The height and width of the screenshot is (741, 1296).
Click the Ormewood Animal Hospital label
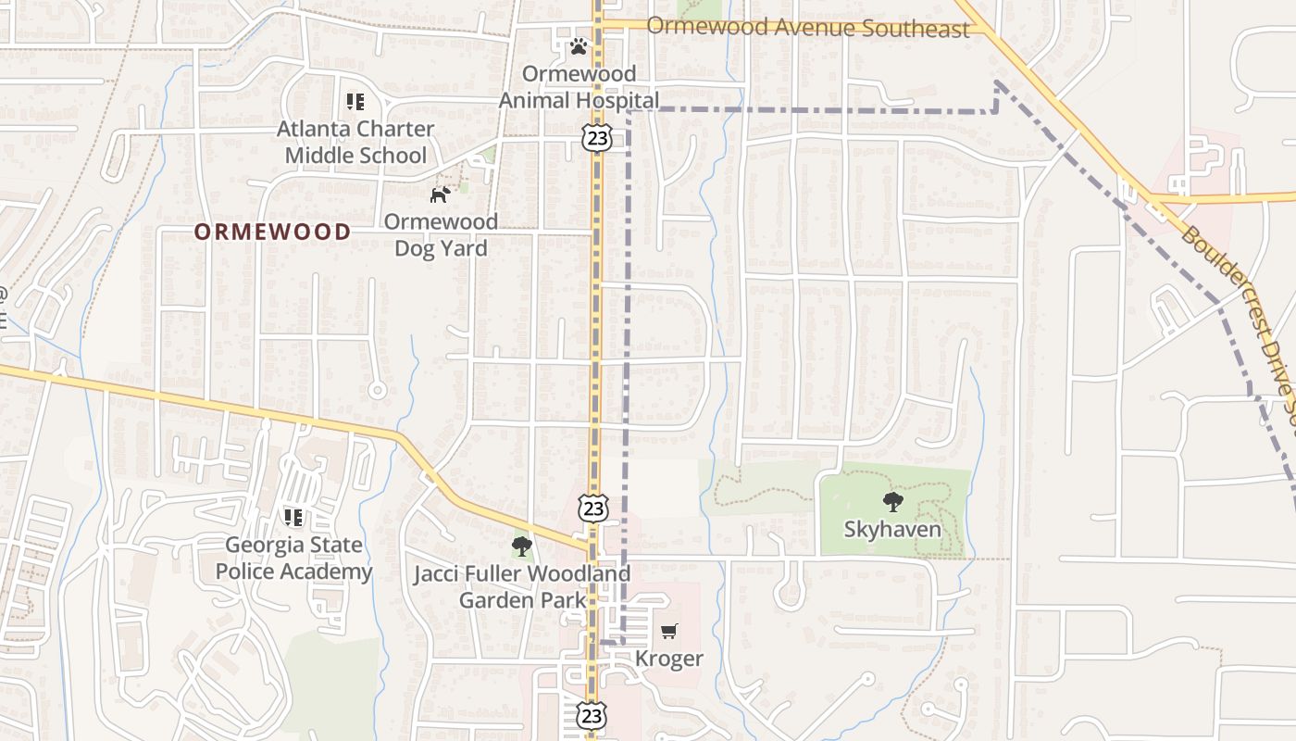pos(579,86)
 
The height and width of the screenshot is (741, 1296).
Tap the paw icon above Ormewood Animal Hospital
pos(579,45)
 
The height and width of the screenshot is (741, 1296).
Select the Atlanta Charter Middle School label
pos(355,142)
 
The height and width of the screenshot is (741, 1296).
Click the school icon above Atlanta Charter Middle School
pos(355,102)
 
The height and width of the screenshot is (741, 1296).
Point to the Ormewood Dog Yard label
pos(441,234)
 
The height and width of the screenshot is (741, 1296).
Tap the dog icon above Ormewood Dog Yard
pos(441,195)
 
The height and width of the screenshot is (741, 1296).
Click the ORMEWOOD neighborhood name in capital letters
pos(272,232)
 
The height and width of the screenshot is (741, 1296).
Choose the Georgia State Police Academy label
pos(293,558)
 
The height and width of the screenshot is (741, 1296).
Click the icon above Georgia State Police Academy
pos(293,517)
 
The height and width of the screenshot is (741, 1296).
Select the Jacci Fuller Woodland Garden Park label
pos(522,586)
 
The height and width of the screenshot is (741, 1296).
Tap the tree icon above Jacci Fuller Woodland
pos(522,546)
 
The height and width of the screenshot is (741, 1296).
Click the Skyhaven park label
pos(892,530)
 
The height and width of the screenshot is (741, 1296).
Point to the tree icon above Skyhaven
pos(892,502)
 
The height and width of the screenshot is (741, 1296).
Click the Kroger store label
pos(668,659)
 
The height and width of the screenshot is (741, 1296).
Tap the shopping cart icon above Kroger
pos(668,632)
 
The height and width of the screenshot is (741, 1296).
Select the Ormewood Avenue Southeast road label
pos(807,27)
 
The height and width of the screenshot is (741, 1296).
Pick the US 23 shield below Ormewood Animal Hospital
pos(597,138)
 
